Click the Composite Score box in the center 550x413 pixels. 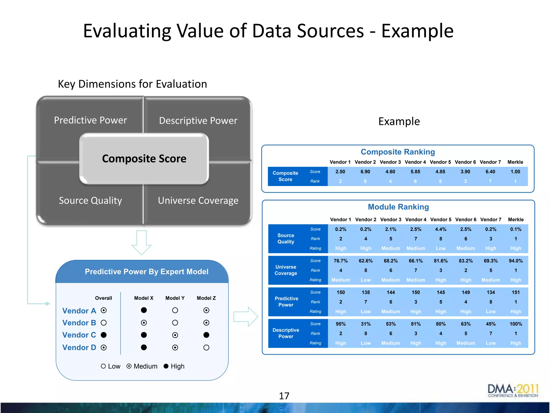[x=144, y=159]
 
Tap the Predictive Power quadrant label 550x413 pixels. [x=91, y=120]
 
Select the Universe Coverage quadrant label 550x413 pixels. [x=198, y=201]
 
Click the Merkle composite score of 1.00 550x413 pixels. [x=515, y=172]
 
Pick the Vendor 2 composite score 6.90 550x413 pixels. [x=365, y=172]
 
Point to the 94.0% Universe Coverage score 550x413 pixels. [x=516, y=261]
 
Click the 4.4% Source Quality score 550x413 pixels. [x=441, y=229]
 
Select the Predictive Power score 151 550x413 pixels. [x=516, y=292]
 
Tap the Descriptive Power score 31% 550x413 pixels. [x=366, y=324]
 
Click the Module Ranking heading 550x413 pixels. [x=398, y=207]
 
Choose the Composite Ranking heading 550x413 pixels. [x=398, y=152]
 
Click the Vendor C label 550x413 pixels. [x=79, y=335]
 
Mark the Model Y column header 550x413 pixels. [x=175, y=298]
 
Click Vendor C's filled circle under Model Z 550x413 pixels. [x=206, y=335]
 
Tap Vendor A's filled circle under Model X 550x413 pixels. [x=144, y=310]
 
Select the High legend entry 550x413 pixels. [x=174, y=366]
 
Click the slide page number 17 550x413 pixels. [x=284, y=396]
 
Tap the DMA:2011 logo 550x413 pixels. [x=513, y=391]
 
